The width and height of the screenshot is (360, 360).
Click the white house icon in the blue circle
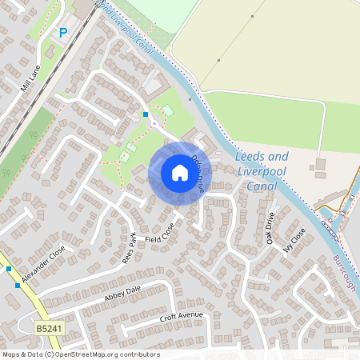coord(179,173)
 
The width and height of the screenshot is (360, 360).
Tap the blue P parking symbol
coord(63,33)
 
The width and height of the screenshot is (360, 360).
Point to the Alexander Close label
coord(43,264)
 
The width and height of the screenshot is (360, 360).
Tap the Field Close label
coord(159,234)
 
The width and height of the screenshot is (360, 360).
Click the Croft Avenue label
coord(182,318)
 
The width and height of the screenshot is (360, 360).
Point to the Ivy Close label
coord(294,239)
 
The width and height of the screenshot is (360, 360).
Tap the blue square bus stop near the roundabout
coord(146,114)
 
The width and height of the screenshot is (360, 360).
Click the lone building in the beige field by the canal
coord(320,166)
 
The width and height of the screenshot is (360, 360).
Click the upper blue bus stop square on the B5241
coord(9,269)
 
